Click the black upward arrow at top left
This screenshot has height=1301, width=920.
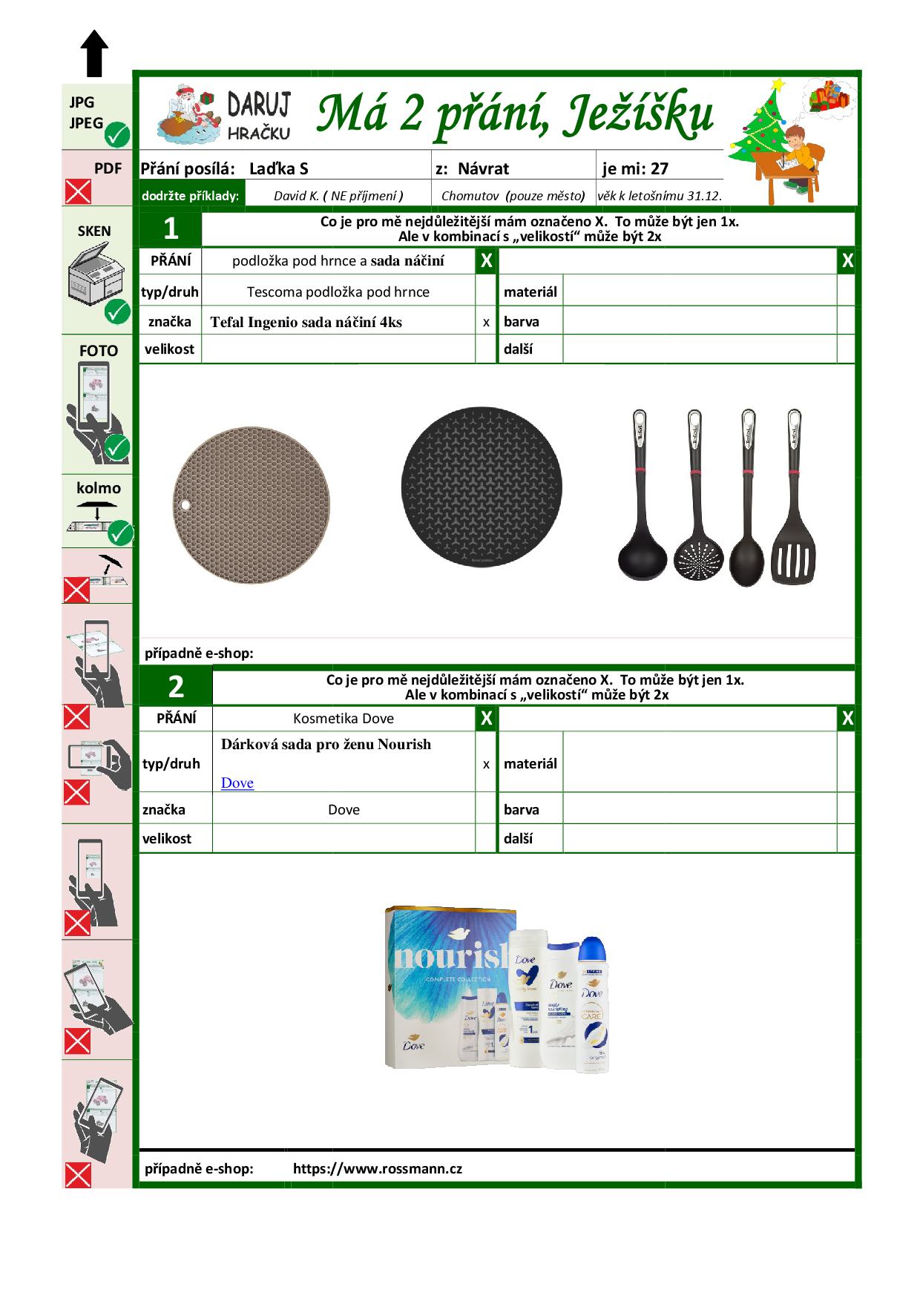94,53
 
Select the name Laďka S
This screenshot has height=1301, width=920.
278,168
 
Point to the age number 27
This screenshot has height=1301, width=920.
659,168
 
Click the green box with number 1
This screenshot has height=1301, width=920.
171,228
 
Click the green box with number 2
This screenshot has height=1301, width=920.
176,687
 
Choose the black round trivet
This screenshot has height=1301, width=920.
482,487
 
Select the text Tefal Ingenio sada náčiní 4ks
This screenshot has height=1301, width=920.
306,322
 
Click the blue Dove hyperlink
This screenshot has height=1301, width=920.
237,783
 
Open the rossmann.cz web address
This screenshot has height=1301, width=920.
377,1168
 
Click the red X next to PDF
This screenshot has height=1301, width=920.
78,192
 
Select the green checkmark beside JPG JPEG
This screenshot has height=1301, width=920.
117,136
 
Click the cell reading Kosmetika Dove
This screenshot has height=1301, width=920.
344,718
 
